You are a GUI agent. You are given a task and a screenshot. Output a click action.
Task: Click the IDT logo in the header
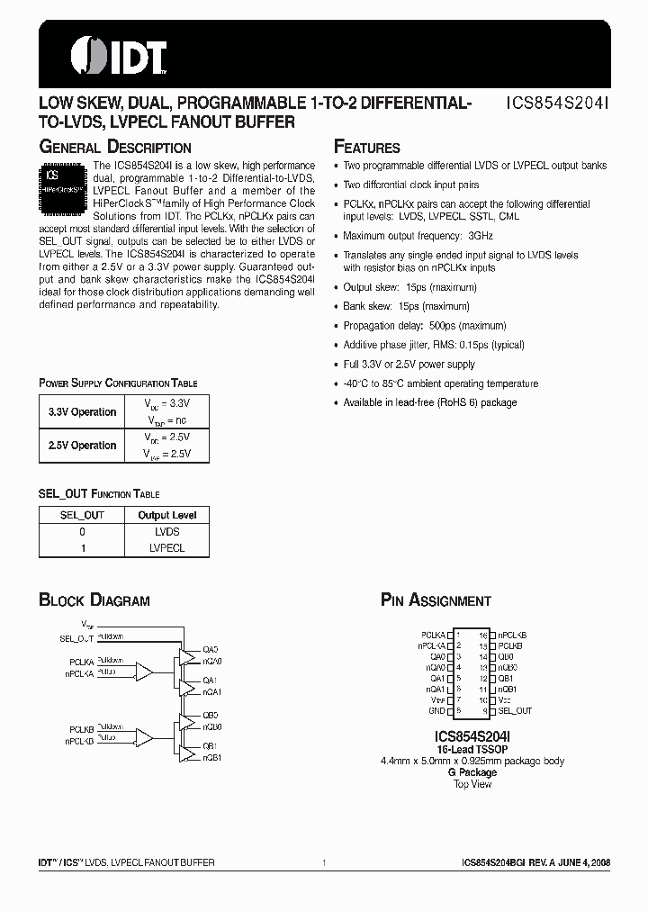pos(104,55)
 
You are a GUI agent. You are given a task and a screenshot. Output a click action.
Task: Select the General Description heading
pos(114,147)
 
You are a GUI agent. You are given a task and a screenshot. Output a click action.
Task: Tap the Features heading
pos(366,147)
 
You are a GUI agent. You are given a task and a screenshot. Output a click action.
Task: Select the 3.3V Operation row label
pos(82,412)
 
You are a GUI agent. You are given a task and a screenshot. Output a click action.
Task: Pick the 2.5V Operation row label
pos(82,446)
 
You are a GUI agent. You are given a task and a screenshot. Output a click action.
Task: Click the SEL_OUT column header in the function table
pos(82,516)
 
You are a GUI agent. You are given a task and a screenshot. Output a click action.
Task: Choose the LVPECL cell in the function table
pos(167,547)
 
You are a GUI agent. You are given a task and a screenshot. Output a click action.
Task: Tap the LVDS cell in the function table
pos(167,532)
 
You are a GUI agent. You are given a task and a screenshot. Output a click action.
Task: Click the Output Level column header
pos(167,516)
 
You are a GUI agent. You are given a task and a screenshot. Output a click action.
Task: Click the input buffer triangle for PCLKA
pos(143,671)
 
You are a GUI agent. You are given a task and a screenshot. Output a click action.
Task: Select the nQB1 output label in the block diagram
pos(212,758)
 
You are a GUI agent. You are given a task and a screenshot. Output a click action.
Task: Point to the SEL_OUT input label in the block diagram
pos(76,638)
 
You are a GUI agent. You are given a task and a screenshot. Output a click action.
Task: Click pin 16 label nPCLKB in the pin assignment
pos(513,635)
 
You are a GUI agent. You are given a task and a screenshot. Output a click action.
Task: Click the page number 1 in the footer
pos(323,863)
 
